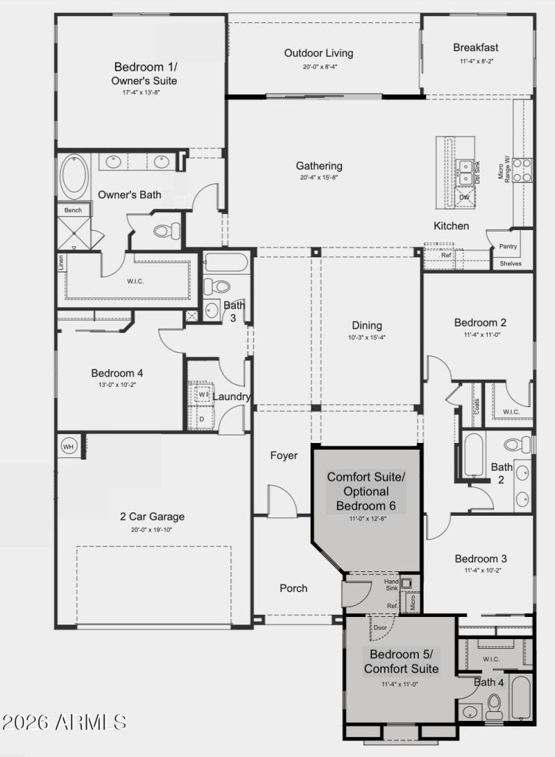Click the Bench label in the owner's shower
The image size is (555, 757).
coord(73,210)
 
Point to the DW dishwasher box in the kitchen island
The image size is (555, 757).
coord(464,198)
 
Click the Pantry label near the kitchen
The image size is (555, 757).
coord(509,246)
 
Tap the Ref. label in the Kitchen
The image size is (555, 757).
coord(447,256)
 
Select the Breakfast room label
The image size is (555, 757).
coord(476,48)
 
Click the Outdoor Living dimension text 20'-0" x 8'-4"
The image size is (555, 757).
coord(318,67)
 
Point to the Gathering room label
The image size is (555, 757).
coord(319,166)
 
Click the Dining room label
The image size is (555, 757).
coord(366,325)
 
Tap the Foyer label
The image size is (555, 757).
coord(283,455)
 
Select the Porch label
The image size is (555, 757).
coord(293,588)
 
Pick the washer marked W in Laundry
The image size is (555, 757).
coord(203,394)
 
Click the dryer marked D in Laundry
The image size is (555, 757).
coord(202,419)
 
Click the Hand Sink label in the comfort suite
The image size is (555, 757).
coord(392,584)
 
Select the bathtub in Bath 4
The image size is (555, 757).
coord(521,697)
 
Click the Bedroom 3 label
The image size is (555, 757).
coord(481,559)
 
